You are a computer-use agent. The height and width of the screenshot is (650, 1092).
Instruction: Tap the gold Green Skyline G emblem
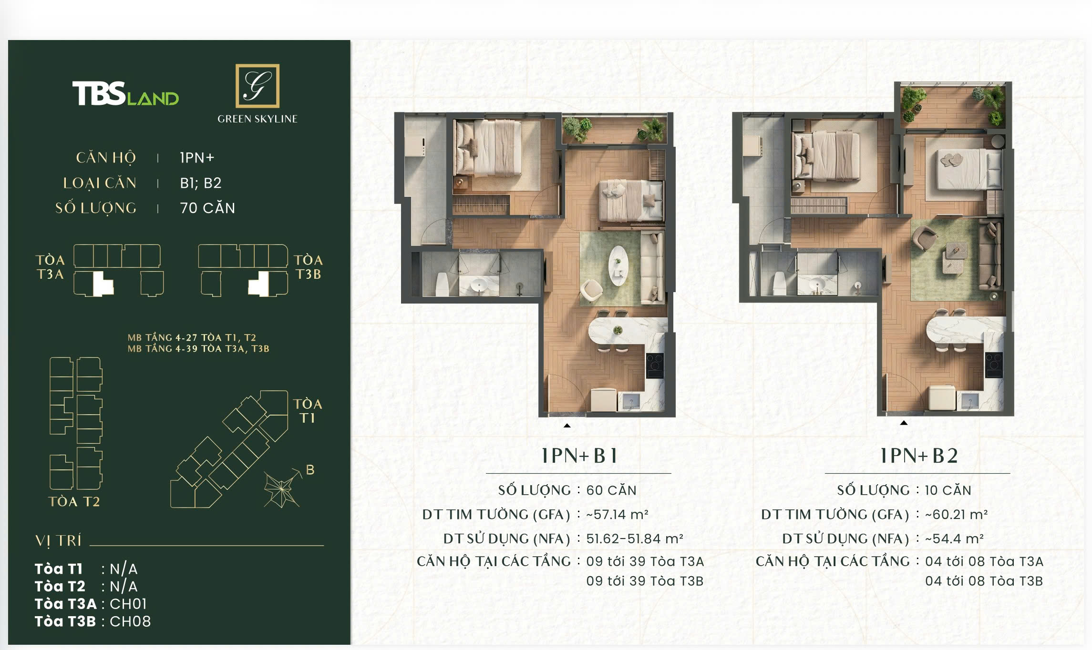258,86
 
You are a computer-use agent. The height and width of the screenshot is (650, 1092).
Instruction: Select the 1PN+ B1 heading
579,456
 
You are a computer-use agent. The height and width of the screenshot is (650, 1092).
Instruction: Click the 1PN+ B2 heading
918,456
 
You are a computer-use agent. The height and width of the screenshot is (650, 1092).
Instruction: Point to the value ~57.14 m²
617,515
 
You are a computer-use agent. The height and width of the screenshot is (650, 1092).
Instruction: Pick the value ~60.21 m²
956,515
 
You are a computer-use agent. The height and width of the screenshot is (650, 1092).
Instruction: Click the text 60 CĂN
611,490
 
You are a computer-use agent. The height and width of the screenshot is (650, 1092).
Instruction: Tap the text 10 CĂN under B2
948,490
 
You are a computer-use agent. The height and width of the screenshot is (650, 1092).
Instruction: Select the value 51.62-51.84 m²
635,538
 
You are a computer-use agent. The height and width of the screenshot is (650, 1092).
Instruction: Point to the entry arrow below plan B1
567,426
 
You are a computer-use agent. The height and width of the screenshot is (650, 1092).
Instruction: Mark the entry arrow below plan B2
904,423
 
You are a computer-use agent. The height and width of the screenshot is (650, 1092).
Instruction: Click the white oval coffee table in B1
618,265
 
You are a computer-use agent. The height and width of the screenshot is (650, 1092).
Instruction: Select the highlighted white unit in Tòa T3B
259,284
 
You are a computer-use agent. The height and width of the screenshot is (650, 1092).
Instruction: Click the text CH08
130,621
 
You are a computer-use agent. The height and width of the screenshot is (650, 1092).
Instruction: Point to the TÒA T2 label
74,501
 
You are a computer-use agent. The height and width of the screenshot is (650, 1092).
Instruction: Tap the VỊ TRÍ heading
58,541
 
